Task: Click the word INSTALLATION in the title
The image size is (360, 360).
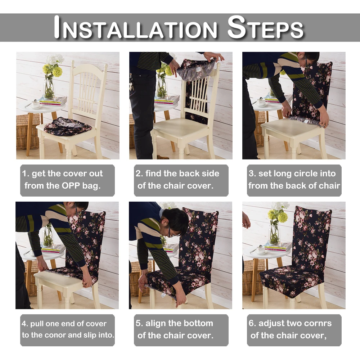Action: tap(135, 27)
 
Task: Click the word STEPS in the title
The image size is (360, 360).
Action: tap(265, 27)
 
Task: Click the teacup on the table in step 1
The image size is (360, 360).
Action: tap(36, 104)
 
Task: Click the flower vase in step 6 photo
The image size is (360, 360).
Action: tap(274, 234)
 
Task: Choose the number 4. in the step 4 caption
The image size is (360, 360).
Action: tap(24, 324)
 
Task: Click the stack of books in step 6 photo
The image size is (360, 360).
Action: tap(278, 248)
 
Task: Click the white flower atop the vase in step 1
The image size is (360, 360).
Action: tap(55, 59)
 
